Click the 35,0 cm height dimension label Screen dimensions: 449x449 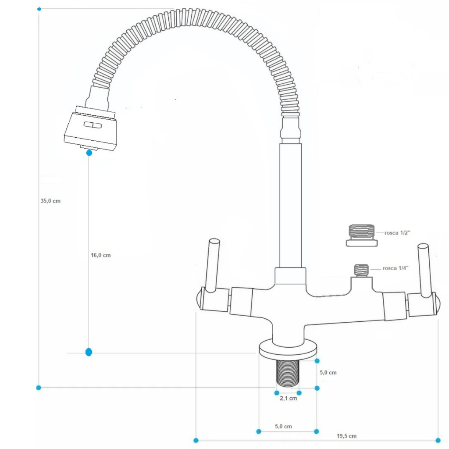tap(50, 201)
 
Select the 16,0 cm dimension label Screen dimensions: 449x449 tap(100, 255)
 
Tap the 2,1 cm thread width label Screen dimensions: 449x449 tap(289, 398)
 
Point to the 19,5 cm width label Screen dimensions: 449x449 tap(346, 436)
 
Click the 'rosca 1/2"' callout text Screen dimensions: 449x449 tap(397, 233)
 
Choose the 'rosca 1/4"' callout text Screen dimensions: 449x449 tap(396, 268)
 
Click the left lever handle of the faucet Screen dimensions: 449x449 tap(213, 265)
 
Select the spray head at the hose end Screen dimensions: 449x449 tap(90, 128)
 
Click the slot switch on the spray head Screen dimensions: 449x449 tap(93, 125)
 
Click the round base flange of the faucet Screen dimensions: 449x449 tap(288, 349)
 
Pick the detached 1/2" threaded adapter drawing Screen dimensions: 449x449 tap(362, 235)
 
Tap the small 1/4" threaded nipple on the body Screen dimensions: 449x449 tap(361, 271)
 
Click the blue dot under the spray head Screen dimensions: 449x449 tap(89, 153)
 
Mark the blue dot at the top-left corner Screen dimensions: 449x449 tap(39, 9)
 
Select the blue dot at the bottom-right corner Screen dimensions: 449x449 tap(438, 440)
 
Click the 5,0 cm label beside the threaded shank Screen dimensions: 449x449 tap(328, 373)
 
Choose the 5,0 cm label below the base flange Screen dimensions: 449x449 tap(283, 426)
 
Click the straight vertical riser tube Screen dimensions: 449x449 tap(290, 206)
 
